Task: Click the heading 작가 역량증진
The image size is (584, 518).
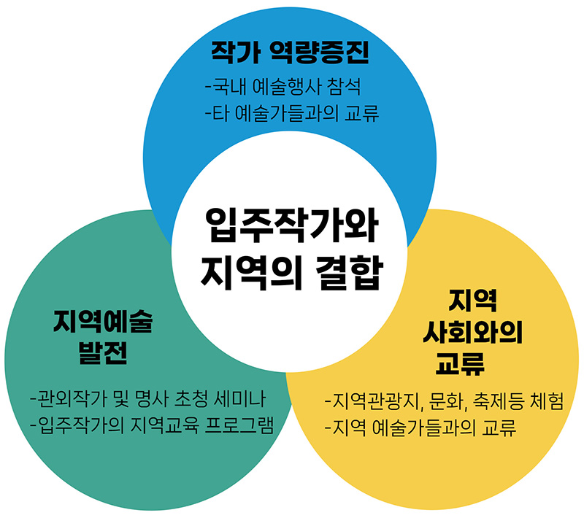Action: pyautogui.click(x=291, y=52)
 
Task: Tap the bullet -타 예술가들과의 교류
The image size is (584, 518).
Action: pyautogui.click(x=292, y=115)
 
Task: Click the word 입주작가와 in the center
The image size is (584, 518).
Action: pyautogui.click(x=291, y=225)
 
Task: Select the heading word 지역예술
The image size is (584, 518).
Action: pyautogui.click(x=103, y=321)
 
